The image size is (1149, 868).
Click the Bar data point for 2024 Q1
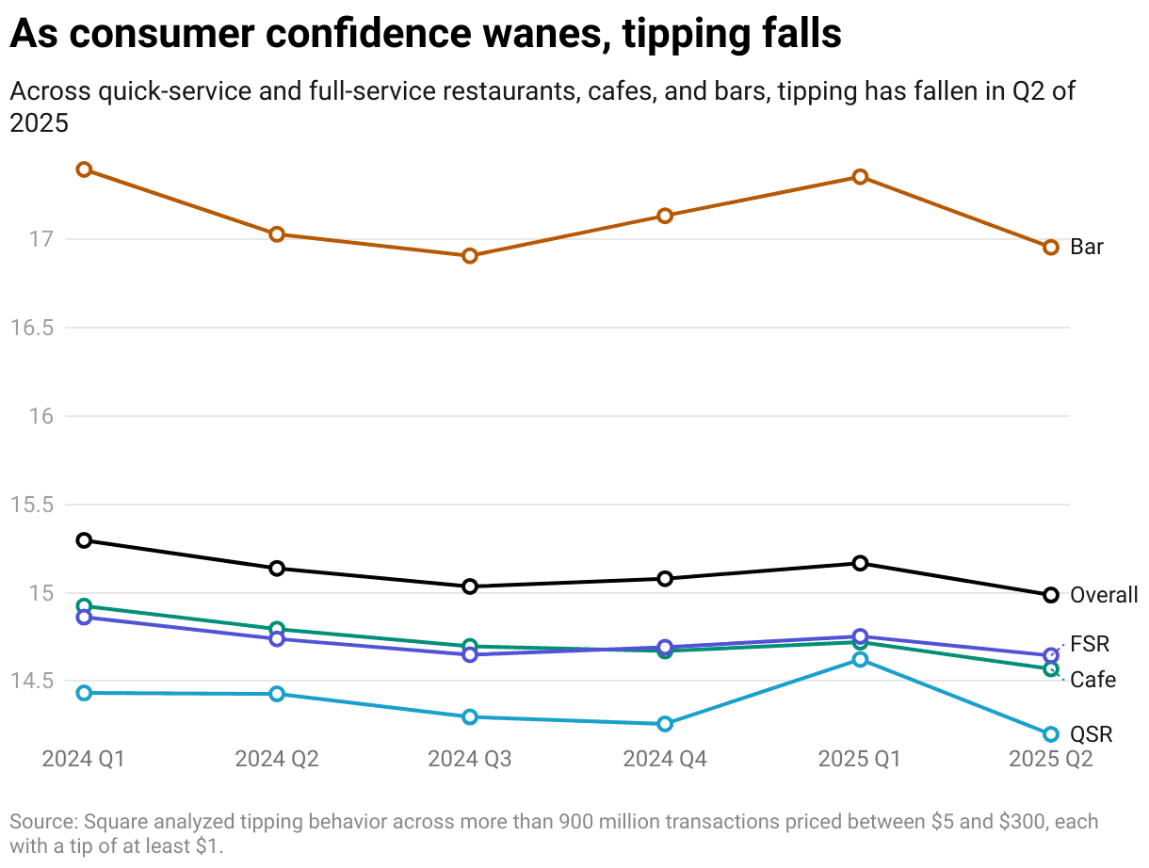(x=84, y=169)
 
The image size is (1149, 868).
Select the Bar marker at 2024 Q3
(x=470, y=256)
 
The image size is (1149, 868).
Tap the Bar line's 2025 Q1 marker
(x=860, y=177)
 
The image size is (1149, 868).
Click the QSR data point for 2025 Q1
(x=860, y=660)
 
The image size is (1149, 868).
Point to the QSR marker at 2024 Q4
(x=665, y=724)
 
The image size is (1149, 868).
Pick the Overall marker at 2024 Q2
(x=277, y=569)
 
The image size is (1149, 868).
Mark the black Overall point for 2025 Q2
(x=1051, y=595)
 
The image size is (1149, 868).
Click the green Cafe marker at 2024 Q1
(x=84, y=606)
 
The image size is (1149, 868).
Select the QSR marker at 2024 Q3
(x=470, y=717)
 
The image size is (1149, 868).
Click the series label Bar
(x=1087, y=248)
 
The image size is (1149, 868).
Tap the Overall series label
(x=1104, y=595)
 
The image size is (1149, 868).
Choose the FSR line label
(x=1090, y=645)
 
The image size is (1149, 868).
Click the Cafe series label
(x=1092, y=680)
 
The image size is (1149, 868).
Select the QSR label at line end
(x=1092, y=734)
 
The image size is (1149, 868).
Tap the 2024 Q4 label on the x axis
(x=665, y=759)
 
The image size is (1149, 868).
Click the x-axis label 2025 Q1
(x=859, y=759)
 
